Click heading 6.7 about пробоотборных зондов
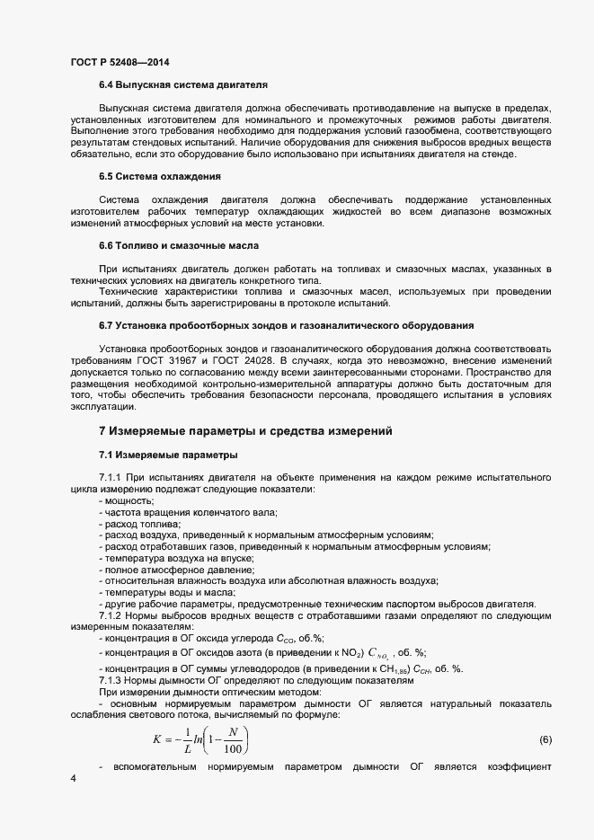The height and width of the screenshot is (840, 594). coord(286,324)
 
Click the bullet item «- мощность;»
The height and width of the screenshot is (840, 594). coord(127,500)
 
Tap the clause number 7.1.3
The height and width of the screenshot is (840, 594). coord(113,680)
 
